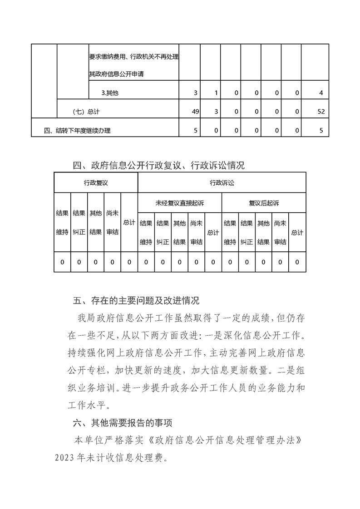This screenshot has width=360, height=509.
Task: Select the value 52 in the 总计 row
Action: point(321,112)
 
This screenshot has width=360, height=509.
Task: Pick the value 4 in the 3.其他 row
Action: point(321,93)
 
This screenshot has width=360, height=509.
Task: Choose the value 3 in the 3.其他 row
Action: point(195,93)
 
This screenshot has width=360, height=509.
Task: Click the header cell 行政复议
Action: point(95,182)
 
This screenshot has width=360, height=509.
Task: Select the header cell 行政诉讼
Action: point(222,182)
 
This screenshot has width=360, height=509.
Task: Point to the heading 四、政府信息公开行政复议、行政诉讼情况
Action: point(159,166)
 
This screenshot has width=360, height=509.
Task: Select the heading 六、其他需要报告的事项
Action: point(123,423)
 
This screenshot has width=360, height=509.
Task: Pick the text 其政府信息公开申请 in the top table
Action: point(117,74)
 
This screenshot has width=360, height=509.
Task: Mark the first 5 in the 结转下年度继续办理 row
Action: point(195,131)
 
